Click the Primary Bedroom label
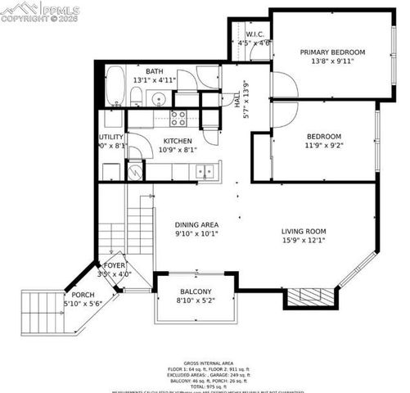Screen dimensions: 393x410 coord(332,52)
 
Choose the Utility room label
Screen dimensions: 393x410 coord(111,138)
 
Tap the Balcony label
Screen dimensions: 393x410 coord(196,292)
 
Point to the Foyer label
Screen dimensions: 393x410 coord(114,266)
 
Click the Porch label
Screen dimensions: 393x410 coord(83,295)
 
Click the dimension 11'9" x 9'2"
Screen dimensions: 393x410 coord(323,147)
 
